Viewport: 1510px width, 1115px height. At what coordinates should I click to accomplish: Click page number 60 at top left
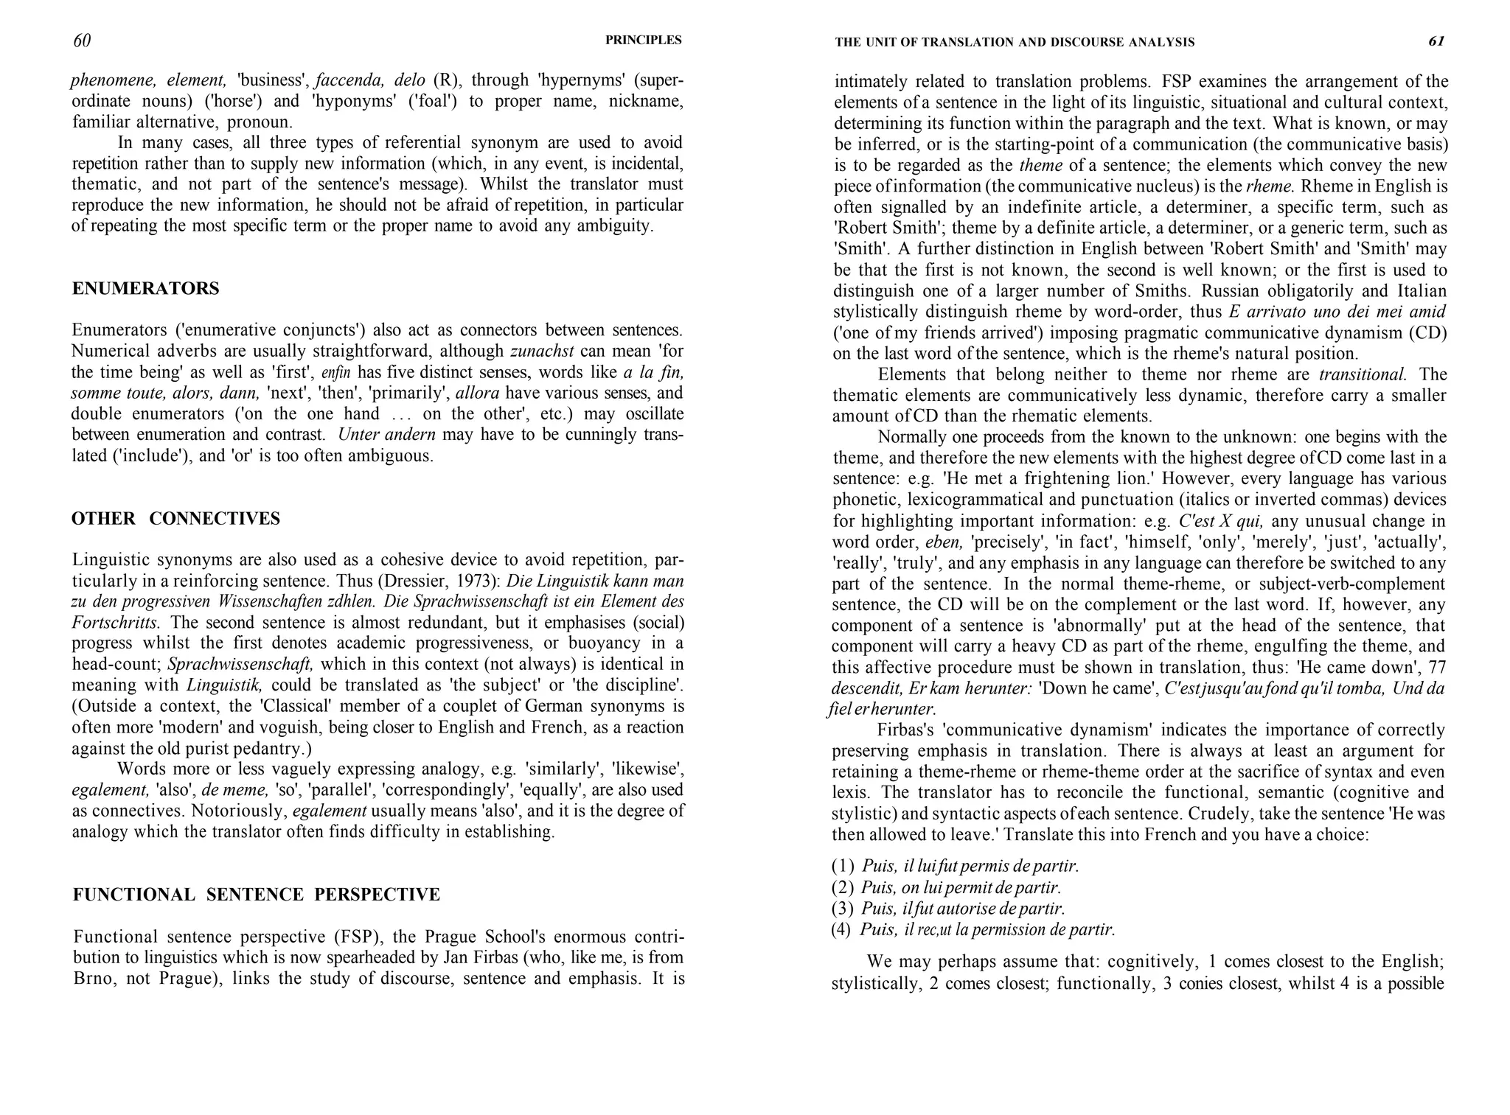tap(82, 41)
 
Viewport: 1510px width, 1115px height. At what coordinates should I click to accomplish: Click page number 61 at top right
tap(1436, 41)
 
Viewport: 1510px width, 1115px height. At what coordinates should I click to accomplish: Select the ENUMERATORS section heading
tap(145, 289)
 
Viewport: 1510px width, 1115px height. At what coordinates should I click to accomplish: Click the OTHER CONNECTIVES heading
tap(175, 519)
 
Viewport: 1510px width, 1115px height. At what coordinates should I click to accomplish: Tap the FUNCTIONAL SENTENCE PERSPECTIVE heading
tap(256, 895)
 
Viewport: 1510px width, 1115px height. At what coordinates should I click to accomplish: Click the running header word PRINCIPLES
tap(643, 41)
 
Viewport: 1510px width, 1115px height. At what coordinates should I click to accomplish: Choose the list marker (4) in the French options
tap(842, 930)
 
